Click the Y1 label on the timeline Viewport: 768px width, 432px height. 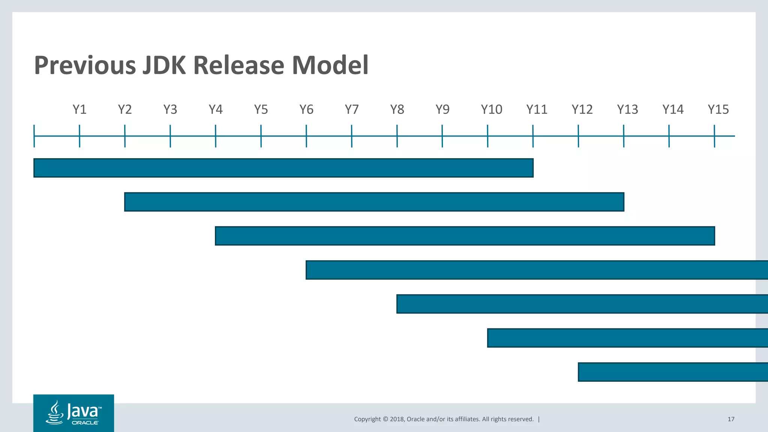[79, 109]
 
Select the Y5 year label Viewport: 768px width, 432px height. [261, 109]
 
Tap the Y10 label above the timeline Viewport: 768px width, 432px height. [491, 109]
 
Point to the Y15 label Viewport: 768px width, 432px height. [718, 109]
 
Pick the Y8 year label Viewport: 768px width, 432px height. [397, 109]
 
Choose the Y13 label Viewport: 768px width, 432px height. [627, 109]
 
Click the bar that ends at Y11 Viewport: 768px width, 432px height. [283, 168]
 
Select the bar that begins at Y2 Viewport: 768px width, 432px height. [374, 202]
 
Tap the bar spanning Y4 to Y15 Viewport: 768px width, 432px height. [465, 236]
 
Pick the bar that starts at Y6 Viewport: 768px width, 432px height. [536, 270]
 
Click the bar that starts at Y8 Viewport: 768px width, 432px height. [581, 304]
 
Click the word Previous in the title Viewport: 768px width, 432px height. [85, 65]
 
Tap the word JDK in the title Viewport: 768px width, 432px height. [163, 65]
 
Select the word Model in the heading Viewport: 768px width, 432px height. [330, 65]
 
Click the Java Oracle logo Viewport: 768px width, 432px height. [73, 413]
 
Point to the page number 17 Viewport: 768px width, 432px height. [731, 419]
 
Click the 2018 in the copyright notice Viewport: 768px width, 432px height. [397, 419]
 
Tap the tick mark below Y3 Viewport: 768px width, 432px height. [170, 136]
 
